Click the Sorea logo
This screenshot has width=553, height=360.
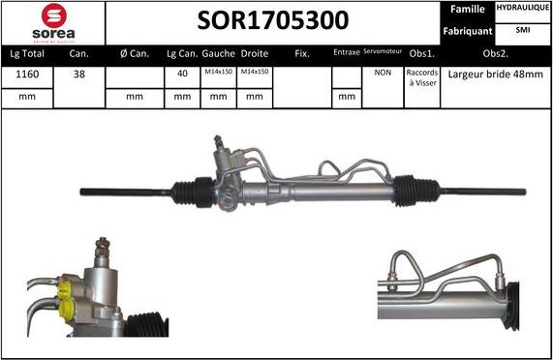coord(52,23)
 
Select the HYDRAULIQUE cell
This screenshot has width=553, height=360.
coord(522,8)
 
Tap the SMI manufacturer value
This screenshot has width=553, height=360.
coord(522,31)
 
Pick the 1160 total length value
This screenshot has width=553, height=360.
coord(28,73)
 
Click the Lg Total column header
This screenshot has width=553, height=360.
coord(28,53)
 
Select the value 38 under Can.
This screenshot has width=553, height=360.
coord(79,73)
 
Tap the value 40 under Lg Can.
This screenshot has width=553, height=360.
coord(183,73)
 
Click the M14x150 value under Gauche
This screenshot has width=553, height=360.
coord(219,73)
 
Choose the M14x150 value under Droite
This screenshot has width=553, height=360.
coord(254,73)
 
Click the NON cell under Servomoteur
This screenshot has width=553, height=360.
coord(383,73)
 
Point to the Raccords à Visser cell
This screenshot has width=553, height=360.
coord(421,78)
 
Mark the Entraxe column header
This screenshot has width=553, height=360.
coord(346,53)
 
